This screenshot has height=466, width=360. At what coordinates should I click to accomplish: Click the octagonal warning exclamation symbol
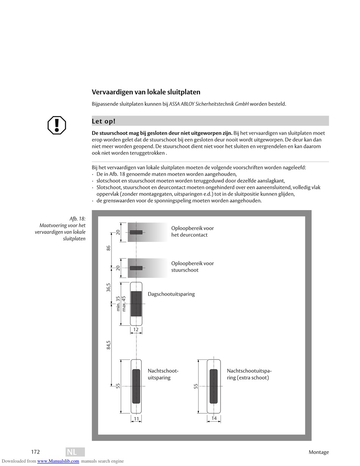coord(57,125)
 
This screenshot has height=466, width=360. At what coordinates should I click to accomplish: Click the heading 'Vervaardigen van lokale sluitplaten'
coord(146,92)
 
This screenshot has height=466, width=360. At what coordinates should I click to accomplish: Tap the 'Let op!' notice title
coord(103,121)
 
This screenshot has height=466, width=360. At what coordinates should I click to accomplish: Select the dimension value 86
coord(108,248)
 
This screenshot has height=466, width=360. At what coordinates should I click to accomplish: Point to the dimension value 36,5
coord(108,287)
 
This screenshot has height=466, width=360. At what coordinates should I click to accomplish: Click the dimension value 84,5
coord(108,345)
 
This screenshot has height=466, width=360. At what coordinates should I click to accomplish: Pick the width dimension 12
coord(136,329)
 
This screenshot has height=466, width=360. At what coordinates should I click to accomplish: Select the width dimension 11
coord(136,419)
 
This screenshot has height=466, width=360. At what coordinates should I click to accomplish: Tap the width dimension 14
coord(214,419)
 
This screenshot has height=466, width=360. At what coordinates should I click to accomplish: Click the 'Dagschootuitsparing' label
coord(171,294)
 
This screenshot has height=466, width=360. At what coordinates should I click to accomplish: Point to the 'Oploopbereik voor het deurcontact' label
coord(193,231)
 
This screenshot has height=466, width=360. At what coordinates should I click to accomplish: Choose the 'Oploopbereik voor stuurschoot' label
coord(193,267)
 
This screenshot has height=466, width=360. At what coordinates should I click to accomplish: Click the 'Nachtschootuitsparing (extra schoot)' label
coord(249,374)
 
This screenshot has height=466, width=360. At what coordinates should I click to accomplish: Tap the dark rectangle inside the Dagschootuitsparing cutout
coord(136,304)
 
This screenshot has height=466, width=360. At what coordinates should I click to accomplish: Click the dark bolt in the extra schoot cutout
coord(214,386)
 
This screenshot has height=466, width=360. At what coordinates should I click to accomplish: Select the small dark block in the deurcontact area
coord(136,232)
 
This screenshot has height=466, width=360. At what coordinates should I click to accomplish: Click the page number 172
coord(35,452)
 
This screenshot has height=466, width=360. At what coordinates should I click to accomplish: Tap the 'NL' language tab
coord(72,452)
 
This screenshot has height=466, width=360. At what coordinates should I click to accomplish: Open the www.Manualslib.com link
coord(58,461)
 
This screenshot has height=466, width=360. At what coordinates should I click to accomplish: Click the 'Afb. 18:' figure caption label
coord(77,219)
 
